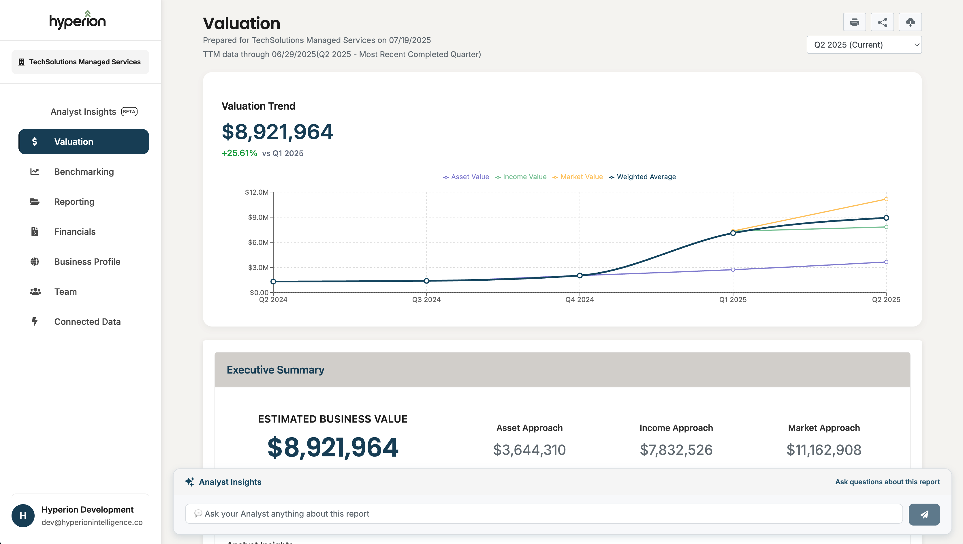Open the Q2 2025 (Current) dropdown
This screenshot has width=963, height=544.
[864, 45]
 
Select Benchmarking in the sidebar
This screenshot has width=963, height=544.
[84, 172]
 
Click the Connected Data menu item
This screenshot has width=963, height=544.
[87, 322]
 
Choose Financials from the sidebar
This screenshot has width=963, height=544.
[75, 232]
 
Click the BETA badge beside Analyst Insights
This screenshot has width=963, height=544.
[129, 112]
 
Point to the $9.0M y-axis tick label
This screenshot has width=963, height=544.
[258, 217]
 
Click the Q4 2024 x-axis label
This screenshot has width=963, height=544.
[580, 299]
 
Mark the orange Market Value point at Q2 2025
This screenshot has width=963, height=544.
[886, 199]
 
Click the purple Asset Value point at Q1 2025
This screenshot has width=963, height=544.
[733, 270]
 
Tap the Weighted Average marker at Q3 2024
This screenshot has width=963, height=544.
[426, 281]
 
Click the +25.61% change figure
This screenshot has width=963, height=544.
[239, 153]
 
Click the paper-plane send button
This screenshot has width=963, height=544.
[924, 515]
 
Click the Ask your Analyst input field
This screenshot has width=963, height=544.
[544, 514]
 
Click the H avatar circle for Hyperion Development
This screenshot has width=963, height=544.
[23, 515]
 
